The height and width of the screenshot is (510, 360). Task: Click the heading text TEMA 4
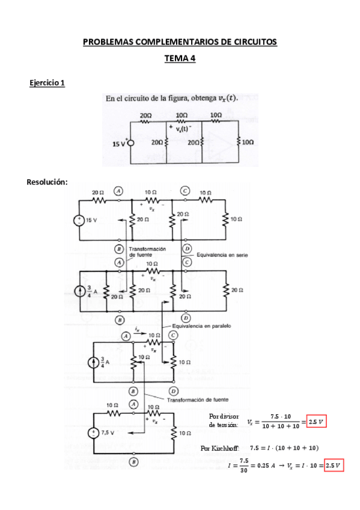tap(180, 58)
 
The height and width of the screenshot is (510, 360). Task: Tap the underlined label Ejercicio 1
tap(47, 82)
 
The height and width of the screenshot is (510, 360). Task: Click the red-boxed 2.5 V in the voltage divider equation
tap(316, 422)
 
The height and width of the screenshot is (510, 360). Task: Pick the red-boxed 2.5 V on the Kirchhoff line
tap(333, 465)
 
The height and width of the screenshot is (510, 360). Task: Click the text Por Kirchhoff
tap(220, 448)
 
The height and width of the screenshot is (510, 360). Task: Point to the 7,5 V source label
tap(109, 432)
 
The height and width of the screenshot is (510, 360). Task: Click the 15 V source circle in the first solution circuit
tap(79, 220)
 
